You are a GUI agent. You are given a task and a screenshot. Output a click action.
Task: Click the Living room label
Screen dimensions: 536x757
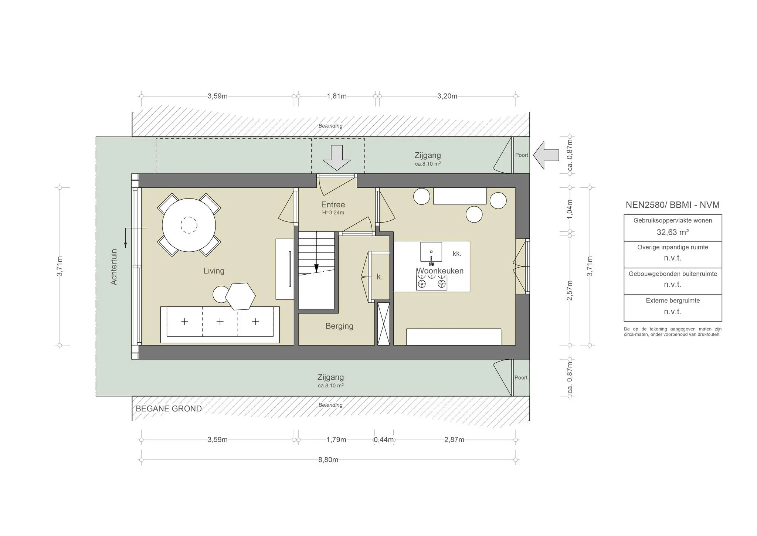pos(214,271)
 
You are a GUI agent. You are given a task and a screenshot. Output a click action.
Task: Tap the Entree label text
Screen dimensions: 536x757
pos(333,205)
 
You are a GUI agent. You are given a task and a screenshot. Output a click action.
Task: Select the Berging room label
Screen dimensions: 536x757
pos(339,326)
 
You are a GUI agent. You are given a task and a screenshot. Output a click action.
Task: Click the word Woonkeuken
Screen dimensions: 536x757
pos(440,271)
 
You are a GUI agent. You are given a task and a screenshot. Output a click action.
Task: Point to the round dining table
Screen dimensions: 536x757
pos(189,225)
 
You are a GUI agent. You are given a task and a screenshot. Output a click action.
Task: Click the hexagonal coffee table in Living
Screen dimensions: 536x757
pos(240,296)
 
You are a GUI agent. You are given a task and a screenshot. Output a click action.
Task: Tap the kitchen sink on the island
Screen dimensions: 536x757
pos(431,252)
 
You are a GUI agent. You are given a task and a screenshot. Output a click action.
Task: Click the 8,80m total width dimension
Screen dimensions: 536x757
pos(328,460)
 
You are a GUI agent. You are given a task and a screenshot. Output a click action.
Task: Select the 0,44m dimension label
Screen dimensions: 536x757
pos(384,440)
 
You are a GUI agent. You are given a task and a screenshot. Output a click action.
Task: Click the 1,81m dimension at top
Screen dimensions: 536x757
pos(337,96)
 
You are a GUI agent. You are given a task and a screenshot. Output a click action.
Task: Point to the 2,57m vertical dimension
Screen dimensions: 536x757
pos(570,291)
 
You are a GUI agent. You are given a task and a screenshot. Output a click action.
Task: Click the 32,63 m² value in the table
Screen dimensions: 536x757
pos(672,233)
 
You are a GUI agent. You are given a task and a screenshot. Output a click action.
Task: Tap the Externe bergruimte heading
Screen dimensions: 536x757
pos(672,301)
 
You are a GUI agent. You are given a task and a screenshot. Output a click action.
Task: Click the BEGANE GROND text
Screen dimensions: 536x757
pos(169,409)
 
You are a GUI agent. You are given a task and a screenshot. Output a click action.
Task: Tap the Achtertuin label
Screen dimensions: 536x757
pos(114,267)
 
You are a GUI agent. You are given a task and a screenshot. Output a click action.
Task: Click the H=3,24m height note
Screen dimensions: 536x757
pos(333,213)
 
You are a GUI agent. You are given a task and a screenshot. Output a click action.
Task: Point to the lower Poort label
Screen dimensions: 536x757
pos(521,378)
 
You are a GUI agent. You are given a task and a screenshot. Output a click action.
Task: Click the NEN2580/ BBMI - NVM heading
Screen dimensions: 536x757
pos(672,205)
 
